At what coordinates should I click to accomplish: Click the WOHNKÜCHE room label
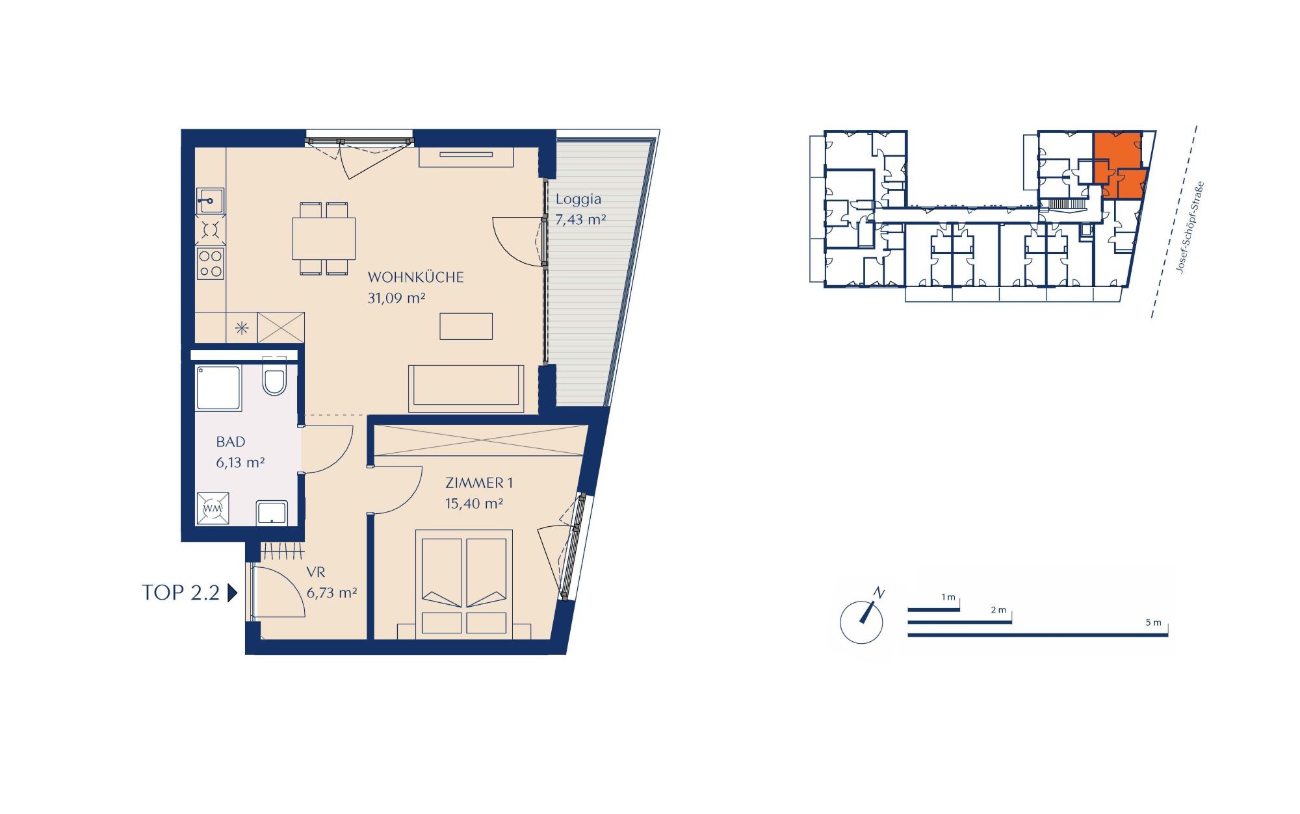tap(416, 277)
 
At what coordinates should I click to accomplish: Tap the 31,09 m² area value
tap(396, 298)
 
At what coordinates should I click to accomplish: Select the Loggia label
tap(578, 199)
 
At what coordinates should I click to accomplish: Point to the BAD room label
tap(231, 442)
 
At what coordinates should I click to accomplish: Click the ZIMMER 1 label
tap(479, 483)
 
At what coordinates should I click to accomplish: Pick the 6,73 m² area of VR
tap(331, 592)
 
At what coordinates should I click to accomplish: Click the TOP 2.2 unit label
tap(181, 592)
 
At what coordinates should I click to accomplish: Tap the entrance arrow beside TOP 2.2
tap(232, 593)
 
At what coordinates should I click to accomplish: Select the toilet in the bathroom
tap(274, 379)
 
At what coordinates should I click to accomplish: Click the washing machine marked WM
tap(213, 509)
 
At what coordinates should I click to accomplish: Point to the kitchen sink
tap(210, 201)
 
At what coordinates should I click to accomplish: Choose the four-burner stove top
tap(211, 264)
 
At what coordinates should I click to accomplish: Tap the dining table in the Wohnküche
tap(324, 238)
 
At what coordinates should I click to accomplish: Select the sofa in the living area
tap(466, 388)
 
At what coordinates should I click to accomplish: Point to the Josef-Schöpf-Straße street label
tap(1191, 227)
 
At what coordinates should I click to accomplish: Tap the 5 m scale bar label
tap(1153, 622)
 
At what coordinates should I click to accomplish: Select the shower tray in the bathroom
tap(219, 388)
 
